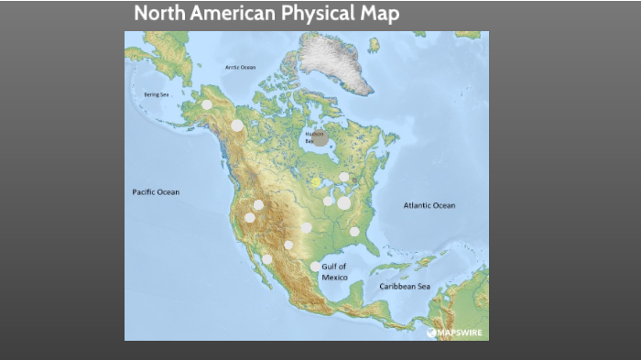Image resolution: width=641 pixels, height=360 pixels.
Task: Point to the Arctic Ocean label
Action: pos(241,68)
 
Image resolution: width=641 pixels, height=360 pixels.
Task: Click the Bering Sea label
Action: pos(156,94)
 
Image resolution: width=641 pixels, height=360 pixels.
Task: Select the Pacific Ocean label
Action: pos(156,192)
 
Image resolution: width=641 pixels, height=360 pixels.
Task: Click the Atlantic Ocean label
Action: pos(429,205)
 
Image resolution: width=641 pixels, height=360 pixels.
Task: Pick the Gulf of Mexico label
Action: pos(335,271)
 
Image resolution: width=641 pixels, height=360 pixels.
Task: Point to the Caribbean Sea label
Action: pos(405,287)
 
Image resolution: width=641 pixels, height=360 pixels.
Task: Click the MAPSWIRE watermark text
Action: pos(459,333)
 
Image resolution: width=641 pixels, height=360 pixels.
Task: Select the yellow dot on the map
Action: pos(316,182)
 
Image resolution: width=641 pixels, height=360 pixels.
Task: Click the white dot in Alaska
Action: pos(207,104)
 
